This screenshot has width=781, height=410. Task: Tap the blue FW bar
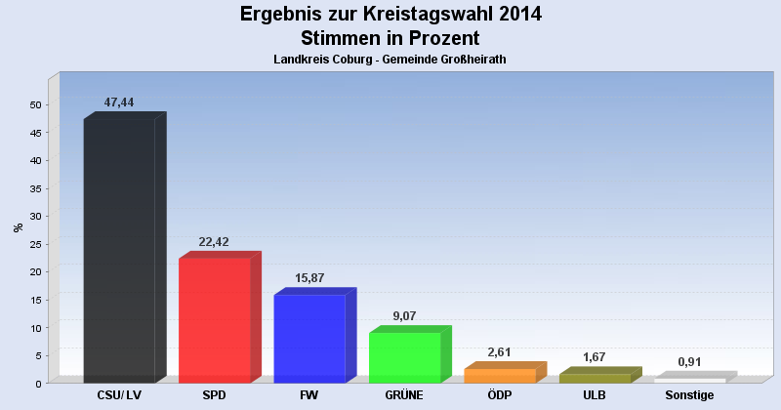click(309, 338)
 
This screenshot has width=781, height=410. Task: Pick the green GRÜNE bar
click(405, 357)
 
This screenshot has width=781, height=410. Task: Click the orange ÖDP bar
click(500, 375)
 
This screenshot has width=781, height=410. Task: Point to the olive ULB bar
click(595, 378)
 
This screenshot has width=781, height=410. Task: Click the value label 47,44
click(119, 102)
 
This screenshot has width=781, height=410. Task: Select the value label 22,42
click(214, 242)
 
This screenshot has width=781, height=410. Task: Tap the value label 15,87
click(309, 278)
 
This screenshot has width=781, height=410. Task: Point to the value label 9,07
click(404, 316)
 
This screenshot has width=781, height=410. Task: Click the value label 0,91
click(689, 362)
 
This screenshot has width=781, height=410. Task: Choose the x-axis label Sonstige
click(689, 395)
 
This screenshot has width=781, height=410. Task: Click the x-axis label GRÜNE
click(404, 395)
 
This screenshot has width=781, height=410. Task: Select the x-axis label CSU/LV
click(119, 395)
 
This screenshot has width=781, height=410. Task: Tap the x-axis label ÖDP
click(500, 395)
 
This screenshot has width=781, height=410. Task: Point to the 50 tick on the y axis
click(35, 104)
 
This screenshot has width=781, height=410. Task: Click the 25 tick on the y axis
click(35, 244)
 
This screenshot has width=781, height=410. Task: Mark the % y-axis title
click(18, 227)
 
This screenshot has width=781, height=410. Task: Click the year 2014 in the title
click(516, 15)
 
